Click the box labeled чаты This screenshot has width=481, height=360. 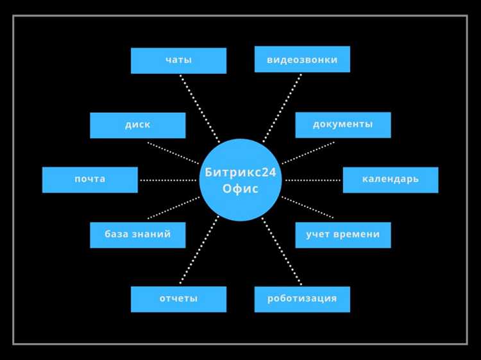coord(178,60)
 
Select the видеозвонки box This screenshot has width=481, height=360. coord(302,59)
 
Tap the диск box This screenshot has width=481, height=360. coord(137,125)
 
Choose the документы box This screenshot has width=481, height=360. coord(342,124)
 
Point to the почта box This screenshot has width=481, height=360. coord(90,180)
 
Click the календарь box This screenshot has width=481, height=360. coord(390,180)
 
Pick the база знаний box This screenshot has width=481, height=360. coord(137,235)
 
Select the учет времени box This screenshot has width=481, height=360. coord(342,235)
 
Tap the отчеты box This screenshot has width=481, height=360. coord(178,299)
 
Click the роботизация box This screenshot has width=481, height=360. coord(302,299)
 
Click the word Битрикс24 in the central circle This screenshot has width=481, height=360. coord(240,171)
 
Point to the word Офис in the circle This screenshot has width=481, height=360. coord(240,189)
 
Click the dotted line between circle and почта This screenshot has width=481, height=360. coord(168,180)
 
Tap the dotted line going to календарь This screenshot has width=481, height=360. coord(313,180)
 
